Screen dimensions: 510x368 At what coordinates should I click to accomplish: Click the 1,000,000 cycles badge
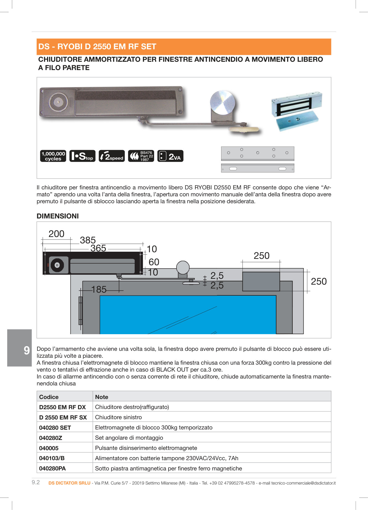[53, 156]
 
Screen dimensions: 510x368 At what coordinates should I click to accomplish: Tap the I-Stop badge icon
[82, 156]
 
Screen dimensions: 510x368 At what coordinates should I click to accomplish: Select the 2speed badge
[112, 156]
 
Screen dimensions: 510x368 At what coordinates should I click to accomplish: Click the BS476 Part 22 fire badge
[141, 156]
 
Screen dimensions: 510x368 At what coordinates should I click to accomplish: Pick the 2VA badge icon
[170, 156]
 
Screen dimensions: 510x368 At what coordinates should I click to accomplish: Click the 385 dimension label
[88, 240]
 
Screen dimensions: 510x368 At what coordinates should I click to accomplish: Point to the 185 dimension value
[99, 290]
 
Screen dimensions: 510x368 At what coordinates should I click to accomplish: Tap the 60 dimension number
[154, 262]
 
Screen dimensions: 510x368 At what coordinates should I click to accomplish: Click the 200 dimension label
[56, 234]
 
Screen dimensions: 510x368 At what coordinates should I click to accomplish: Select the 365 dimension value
[98, 248]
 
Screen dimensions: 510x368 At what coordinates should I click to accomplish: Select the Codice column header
[49, 397]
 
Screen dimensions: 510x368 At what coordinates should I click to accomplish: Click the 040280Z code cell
[51, 438]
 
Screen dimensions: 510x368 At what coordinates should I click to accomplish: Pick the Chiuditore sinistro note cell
[118, 417]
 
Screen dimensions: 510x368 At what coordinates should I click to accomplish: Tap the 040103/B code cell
[52, 458]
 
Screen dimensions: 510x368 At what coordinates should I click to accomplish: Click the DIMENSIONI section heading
[58, 216]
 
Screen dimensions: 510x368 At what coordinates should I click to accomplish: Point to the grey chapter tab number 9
[27, 351]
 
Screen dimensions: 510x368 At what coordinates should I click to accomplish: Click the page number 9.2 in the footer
[36, 482]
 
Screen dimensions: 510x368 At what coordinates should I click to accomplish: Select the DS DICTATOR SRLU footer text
[69, 483]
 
